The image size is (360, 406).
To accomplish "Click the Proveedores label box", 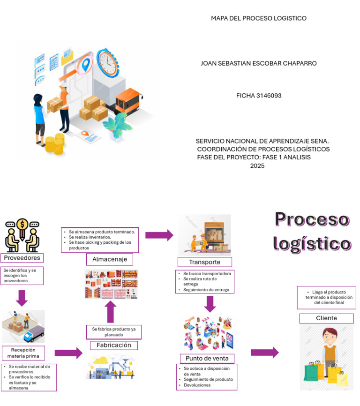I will tap(22, 258).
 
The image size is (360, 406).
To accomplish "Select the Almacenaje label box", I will tap(109, 259).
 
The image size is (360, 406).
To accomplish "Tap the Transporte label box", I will tap(205, 262).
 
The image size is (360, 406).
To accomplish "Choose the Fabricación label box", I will tap(114, 345).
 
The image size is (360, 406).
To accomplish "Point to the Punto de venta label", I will tap(207, 359).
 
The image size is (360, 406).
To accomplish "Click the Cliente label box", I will tap(326, 318).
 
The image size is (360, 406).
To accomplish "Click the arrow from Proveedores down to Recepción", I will tap(22, 297).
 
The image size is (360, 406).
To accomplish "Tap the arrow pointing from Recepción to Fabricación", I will tap(68, 353).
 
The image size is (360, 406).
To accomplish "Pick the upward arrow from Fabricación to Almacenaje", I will tap(110, 312).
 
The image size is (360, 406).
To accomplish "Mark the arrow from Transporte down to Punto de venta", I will tap(210, 303).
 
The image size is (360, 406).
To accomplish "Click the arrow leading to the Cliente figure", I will tap(264, 353).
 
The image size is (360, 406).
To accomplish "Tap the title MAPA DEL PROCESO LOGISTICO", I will tap(258, 18).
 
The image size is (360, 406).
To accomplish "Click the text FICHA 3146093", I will tap(259, 96).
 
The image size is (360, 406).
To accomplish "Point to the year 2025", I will tap(257, 165).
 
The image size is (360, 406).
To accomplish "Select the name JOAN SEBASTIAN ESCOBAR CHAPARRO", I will tap(258, 63).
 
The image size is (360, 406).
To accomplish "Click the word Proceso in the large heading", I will tap(312, 219).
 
